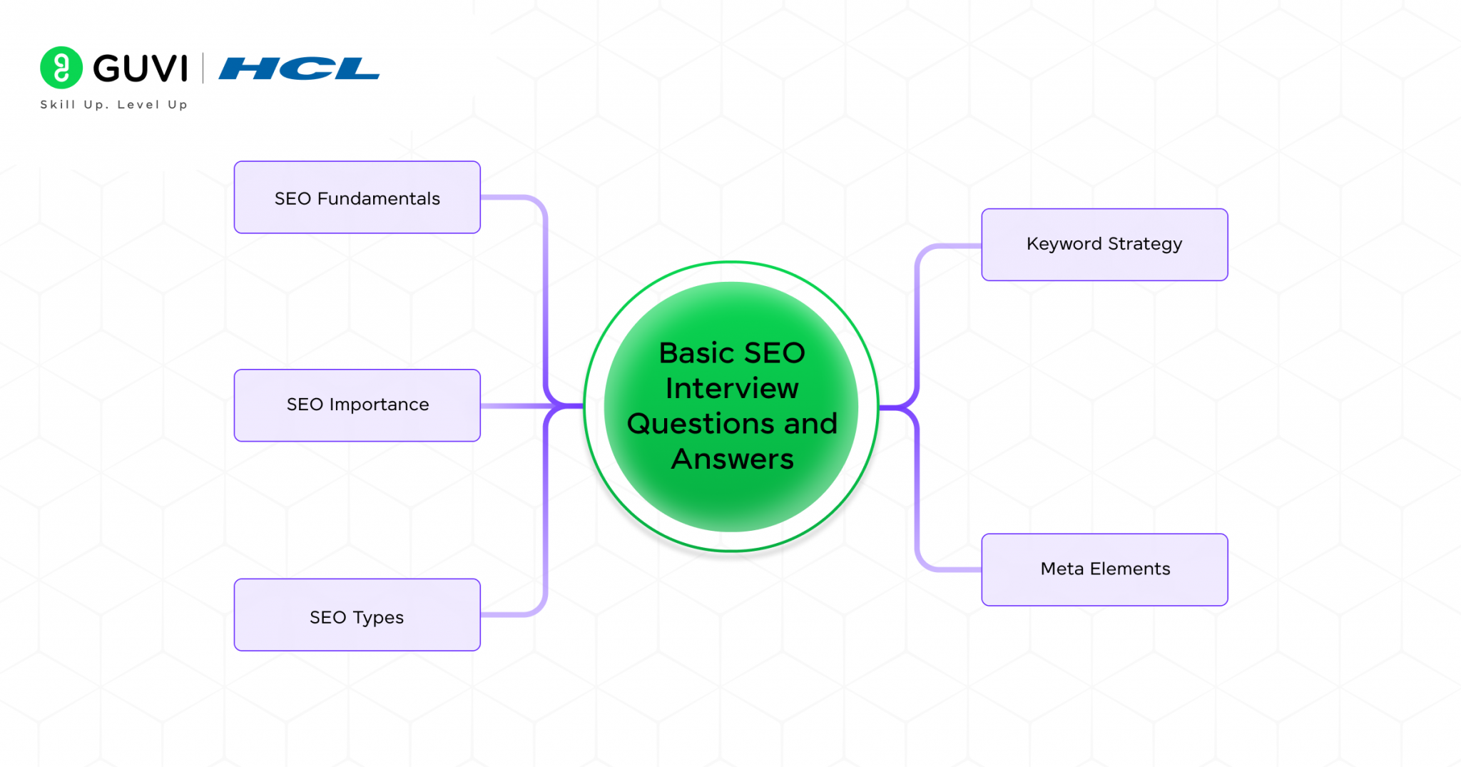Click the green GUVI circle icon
[61, 68]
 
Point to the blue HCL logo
[299, 68]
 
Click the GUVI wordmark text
[141, 68]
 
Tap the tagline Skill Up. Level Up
[114, 105]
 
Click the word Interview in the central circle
[732, 389]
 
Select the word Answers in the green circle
[732, 459]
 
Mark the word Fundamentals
[378, 198]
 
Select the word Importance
[379, 405]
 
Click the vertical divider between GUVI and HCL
[203, 68]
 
